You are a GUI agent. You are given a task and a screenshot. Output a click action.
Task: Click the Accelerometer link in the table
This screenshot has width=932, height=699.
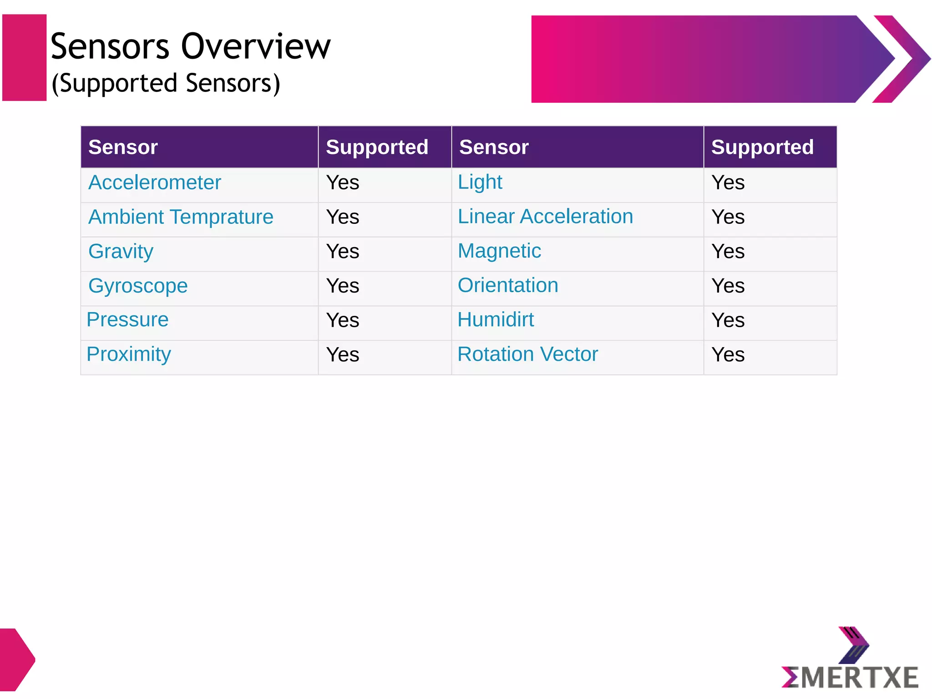[x=155, y=182]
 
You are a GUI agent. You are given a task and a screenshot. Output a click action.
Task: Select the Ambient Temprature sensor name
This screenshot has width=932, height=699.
[x=181, y=217]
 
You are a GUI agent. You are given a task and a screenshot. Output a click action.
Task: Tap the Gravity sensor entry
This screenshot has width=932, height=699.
[x=121, y=251]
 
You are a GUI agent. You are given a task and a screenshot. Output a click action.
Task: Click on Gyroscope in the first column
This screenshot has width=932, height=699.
[x=138, y=286]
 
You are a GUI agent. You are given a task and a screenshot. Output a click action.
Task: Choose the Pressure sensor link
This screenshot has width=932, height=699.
[x=127, y=319]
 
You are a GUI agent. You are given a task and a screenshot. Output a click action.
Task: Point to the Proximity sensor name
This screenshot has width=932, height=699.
[x=129, y=354]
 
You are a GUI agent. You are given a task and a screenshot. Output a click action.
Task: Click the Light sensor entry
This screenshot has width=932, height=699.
[x=480, y=182]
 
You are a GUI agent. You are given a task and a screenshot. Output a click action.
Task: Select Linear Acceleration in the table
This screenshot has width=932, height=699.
[x=545, y=217]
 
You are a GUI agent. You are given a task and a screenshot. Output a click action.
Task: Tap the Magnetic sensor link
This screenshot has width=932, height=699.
[x=499, y=251]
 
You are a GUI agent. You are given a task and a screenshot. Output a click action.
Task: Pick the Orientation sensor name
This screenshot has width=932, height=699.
[x=508, y=285]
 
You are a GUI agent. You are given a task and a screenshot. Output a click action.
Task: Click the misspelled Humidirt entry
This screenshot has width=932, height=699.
[x=496, y=319]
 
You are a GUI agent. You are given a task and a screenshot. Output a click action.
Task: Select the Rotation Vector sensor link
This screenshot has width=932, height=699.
[x=527, y=354]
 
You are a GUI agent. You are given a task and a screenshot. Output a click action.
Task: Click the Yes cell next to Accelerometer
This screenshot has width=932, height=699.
[x=343, y=183]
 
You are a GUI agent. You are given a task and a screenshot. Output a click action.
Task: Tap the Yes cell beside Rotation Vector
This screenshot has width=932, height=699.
[x=728, y=355]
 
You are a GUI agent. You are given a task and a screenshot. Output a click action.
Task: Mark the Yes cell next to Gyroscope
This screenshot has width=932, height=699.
[x=343, y=286]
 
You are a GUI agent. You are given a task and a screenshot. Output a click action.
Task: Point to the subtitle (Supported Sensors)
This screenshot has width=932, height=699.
[x=166, y=83]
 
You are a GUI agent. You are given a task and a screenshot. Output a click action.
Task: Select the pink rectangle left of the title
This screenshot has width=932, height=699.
[x=25, y=58]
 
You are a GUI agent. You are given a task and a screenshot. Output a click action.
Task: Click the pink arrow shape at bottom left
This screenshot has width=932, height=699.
[x=16, y=659]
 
